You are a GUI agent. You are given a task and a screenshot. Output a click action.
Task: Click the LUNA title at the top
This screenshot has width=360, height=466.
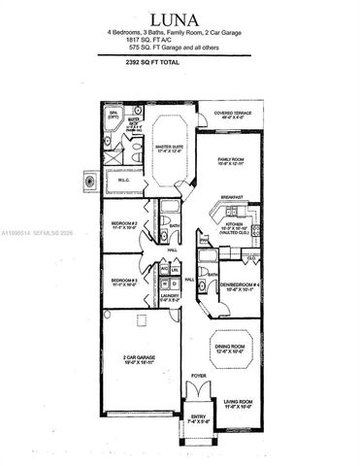tap(180, 18)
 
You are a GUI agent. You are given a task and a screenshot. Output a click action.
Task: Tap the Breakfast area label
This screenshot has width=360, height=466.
tap(231, 197)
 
